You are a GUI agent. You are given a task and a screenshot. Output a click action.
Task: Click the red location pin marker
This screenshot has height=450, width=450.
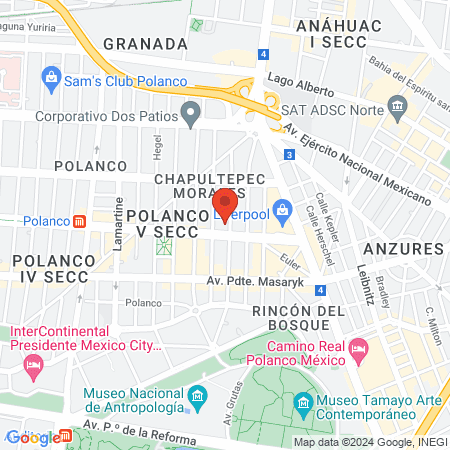tap(225, 203)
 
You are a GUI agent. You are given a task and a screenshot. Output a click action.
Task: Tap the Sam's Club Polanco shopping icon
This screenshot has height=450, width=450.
tap(51, 77)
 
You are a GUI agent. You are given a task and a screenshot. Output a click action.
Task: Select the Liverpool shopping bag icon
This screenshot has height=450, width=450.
tap(283, 209)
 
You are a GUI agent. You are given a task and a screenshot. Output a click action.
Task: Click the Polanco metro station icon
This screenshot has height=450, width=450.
tap(78, 220)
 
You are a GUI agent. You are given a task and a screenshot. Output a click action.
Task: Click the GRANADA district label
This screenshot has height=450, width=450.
tap(145, 43)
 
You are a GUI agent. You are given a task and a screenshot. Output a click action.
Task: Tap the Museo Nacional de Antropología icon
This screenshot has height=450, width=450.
tap(198, 399)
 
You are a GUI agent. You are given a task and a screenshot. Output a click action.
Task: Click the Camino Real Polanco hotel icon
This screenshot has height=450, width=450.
tap(360, 347)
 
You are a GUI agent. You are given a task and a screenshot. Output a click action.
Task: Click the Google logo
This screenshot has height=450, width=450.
tap(32, 437)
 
